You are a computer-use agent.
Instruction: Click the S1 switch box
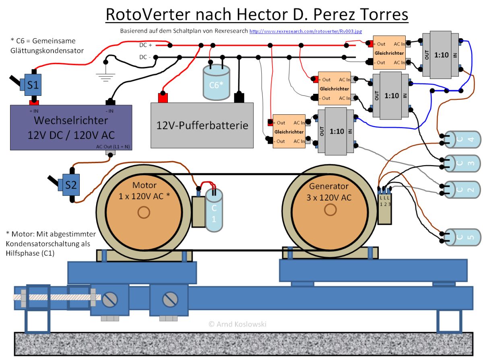tap(33, 85)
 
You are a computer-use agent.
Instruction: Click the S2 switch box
tap(71, 185)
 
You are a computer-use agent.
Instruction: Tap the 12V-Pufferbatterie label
tap(202, 125)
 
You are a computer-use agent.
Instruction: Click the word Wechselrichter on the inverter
tap(71, 120)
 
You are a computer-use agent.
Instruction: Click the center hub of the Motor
tap(143, 212)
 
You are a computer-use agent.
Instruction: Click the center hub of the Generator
tap(330, 209)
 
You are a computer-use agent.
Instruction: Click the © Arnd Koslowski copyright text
tap(237, 324)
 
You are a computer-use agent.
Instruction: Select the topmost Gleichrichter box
tap(389, 52)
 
